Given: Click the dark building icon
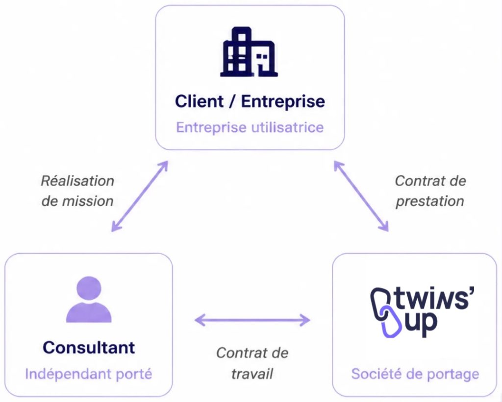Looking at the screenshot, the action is (x=249, y=52).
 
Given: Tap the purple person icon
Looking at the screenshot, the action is (x=89, y=299).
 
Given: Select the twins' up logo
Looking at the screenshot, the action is (x=422, y=312).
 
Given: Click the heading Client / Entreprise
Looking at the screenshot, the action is (x=250, y=101).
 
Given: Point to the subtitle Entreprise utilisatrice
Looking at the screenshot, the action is (x=250, y=127).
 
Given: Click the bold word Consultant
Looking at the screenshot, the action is (x=89, y=348).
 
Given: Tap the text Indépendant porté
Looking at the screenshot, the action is (x=89, y=374).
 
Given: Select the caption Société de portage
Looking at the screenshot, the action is (x=415, y=374).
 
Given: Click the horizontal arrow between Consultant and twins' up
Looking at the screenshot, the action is (x=252, y=320).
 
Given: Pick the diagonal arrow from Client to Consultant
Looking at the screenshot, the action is (x=140, y=196).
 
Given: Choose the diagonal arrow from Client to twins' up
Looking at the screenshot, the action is (x=361, y=196).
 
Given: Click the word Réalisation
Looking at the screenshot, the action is (x=77, y=181).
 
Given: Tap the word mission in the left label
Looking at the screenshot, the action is (x=88, y=201).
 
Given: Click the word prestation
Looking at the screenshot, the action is (x=430, y=201).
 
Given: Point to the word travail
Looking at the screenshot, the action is (x=252, y=374).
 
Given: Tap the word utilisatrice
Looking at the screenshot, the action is (x=287, y=127).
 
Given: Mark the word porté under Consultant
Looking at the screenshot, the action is (x=134, y=375).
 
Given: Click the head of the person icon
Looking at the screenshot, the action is (x=89, y=288).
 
